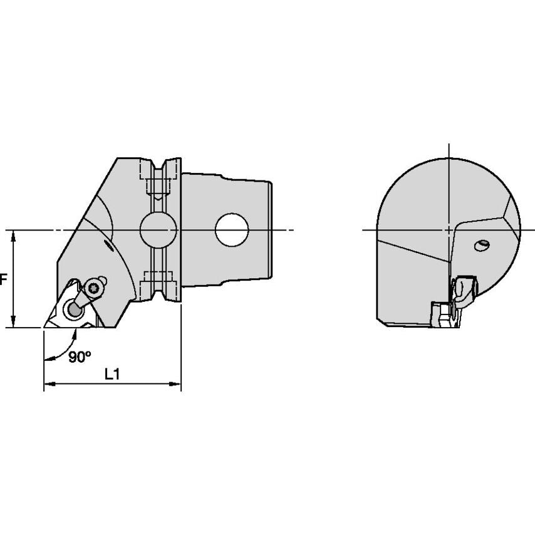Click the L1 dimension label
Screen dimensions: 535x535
[112, 374]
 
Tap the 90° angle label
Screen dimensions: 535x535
[80, 356]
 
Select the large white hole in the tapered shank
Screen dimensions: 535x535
[232, 230]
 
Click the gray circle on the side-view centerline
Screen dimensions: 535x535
[157, 230]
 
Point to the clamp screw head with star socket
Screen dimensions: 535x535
[95, 288]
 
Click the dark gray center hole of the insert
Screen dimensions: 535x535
[75, 308]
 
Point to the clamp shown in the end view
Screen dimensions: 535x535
[464, 291]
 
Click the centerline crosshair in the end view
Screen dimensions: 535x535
[449, 230]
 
